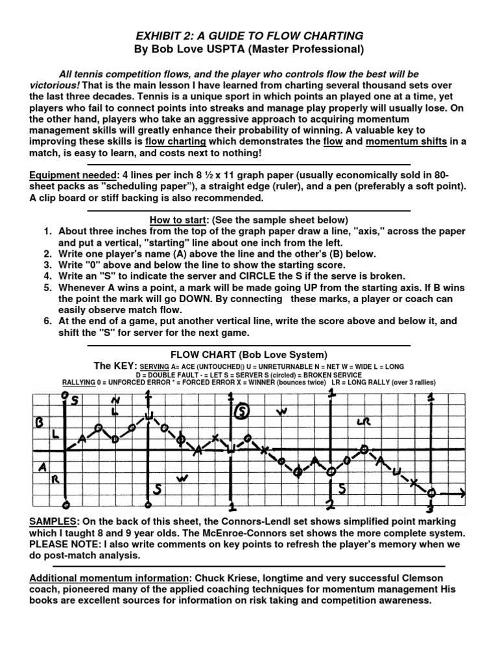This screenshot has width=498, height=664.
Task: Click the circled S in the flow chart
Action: tap(242, 411)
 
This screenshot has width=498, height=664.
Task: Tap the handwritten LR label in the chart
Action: tap(363, 422)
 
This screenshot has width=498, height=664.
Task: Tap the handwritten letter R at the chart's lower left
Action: tap(55, 480)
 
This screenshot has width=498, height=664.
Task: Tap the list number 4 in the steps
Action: tap(47, 275)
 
